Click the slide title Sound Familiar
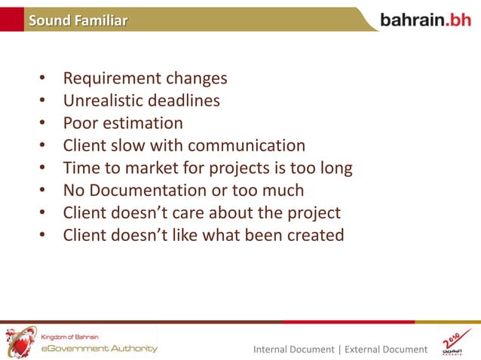[x=78, y=20]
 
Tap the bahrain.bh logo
[x=425, y=20]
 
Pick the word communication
[x=247, y=145]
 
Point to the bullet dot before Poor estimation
[x=43, y=124]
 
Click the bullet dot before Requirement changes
[x=43, y=79]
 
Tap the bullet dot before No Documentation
[x=43, y=191]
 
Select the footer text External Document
[x=385, y=349]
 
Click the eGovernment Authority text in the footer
[x=99, y=348]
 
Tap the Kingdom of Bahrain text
[x=69, y=336]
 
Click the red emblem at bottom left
[x=20, y=342]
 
